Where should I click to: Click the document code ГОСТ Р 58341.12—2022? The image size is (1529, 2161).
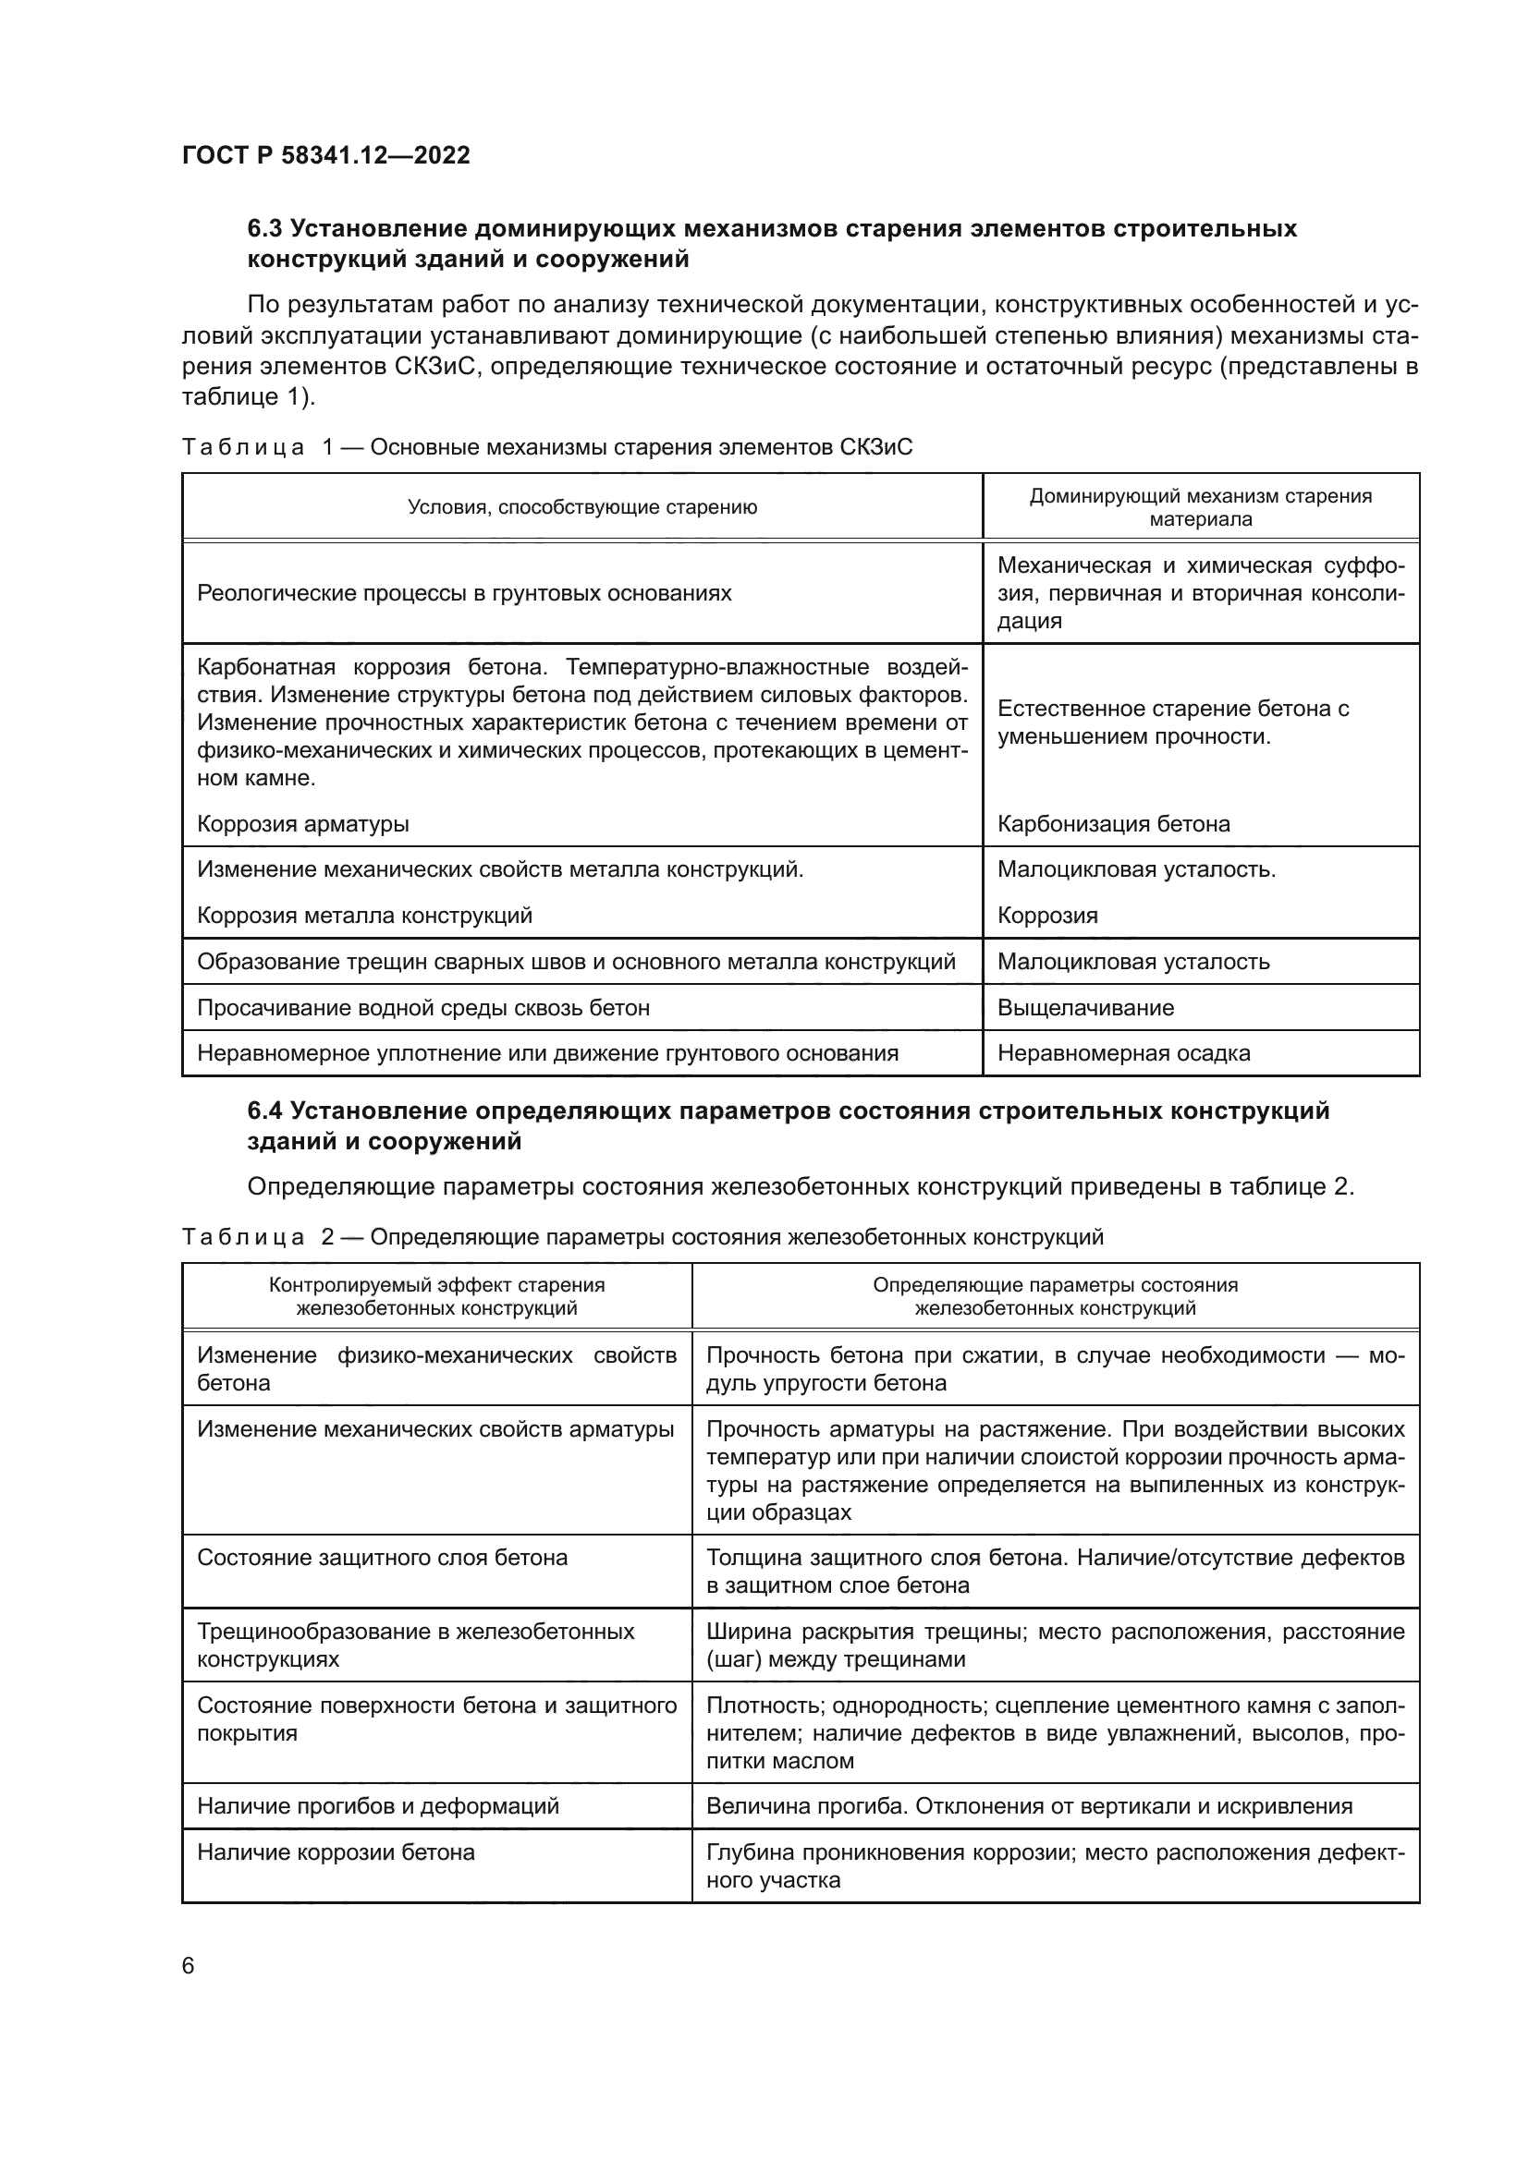325,155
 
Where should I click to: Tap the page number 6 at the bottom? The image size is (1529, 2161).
189,1965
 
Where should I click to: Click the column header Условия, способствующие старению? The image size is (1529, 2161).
581,507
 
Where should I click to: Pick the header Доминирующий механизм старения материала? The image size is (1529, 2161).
1201,507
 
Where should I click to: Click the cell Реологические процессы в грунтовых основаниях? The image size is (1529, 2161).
464,594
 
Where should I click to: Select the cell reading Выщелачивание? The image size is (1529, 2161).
1085,1008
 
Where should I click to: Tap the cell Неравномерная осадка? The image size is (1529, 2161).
1123,1053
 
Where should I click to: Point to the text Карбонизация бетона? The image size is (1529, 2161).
1113,824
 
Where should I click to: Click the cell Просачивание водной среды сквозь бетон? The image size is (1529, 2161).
422,1008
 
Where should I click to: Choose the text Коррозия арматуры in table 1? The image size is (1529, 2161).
303,824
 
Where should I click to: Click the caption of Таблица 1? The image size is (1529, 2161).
547,447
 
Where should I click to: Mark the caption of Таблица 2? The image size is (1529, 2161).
642,1237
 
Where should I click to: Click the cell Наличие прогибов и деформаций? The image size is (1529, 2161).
377,1806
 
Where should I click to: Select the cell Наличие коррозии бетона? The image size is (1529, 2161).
336,1852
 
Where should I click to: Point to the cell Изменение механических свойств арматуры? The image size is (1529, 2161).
435,1429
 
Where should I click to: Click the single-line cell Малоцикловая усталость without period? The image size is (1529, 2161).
1132,962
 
